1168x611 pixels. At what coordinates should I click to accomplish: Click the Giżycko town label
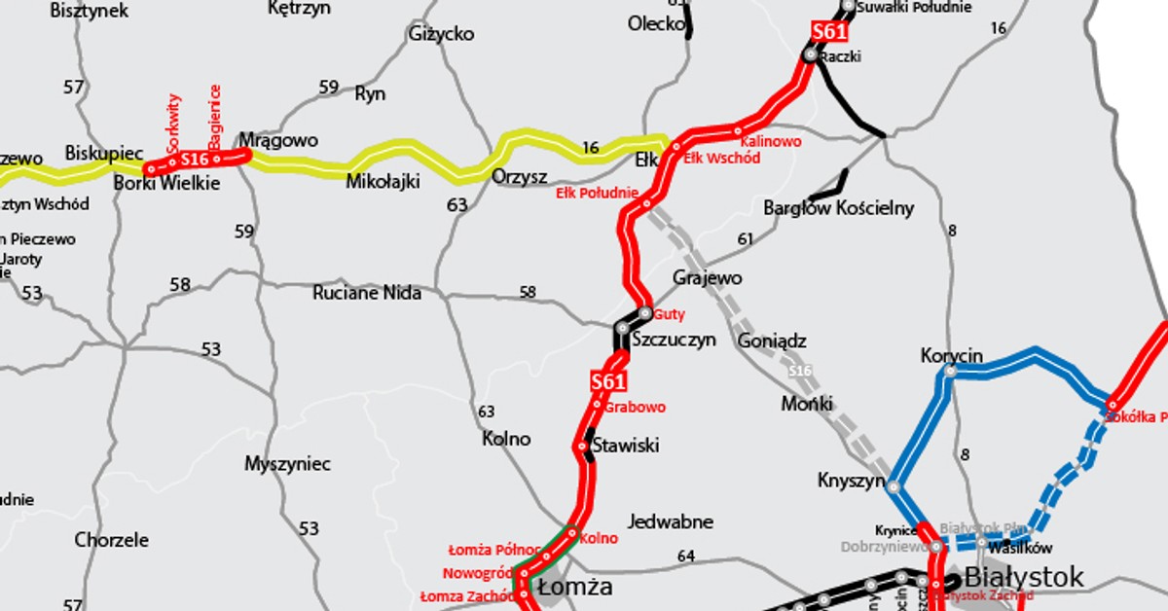click(442, 34)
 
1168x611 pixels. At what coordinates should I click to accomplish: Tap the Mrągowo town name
click(278, 140)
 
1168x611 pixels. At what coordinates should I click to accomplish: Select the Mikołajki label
click(383, 181)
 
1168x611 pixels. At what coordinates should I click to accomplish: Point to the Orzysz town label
click(520, 177)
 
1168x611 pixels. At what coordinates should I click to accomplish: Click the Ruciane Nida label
click(367, 292)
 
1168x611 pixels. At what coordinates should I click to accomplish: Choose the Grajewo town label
click(708, 278)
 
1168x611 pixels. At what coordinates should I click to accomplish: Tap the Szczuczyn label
click(674, 340)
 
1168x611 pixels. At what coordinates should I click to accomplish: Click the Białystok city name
click(1023, 577)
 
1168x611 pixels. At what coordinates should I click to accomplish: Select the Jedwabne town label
click(671, 521)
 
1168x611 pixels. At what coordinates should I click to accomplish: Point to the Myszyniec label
click(288, 463)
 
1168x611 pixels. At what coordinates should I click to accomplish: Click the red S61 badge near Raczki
click(828, 32)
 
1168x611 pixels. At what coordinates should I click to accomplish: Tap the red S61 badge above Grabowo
click(607, 382)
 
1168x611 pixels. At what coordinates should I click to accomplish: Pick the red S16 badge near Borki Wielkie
click(195, 159)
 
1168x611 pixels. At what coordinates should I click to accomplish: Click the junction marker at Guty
click(644, 313)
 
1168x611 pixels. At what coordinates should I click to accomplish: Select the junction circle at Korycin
click(951, 371)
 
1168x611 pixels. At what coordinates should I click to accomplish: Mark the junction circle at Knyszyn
click(894, 486)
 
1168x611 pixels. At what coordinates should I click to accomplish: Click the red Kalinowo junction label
click(772, 142)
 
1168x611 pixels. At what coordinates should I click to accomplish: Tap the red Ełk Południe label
click(597, 193)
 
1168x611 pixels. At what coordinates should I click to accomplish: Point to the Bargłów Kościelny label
click(839, 207)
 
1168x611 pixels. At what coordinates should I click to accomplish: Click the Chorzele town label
click(112, 539)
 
